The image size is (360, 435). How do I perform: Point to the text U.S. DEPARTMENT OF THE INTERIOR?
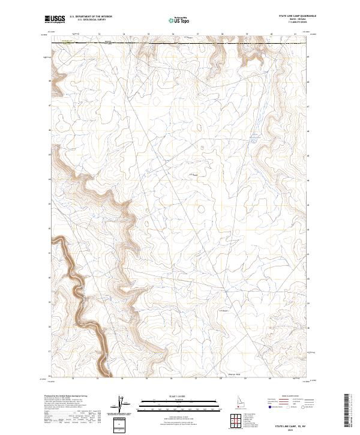(x=91, y=16)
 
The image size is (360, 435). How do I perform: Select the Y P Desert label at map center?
(x=194, y=175)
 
